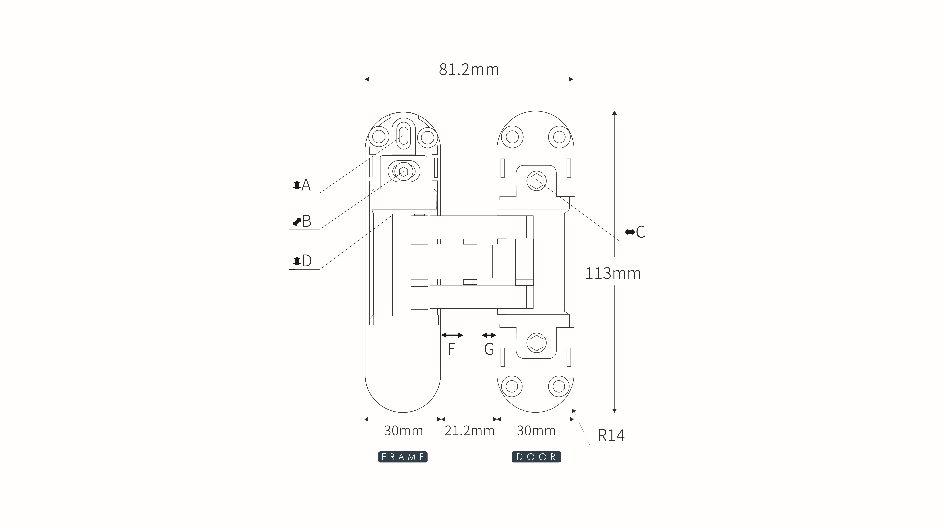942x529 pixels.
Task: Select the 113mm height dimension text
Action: pyautogui.click(x=613, y=273)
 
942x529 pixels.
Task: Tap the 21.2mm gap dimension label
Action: pyautogui.click(x=470, y=431)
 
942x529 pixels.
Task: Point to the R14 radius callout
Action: pyautogui.click(x=611, y=435)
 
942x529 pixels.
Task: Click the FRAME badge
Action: pyautogui.click(x=403, y=457)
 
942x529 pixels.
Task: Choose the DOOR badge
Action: pyautogui.click(x=536, y=457)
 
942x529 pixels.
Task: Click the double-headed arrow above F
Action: pyautogui.click(x=452, y=335)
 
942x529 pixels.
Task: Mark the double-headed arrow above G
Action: pyautogui.click(x=489, y=335)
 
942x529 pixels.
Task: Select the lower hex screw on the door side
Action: pyautogui.click(x=536, y=343)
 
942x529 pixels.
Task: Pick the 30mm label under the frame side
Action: pyautogui.click(x=403, y=431)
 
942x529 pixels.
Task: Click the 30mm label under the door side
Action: pyautogui.click(x=536, y=431)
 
